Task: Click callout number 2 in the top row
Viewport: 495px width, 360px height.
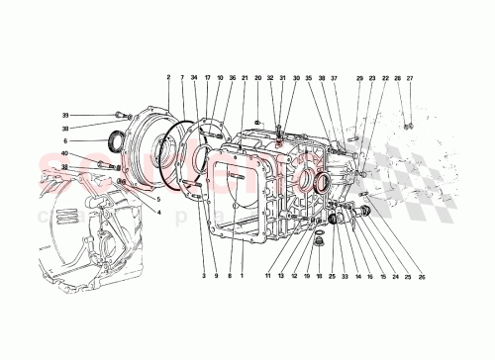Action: [168, 77]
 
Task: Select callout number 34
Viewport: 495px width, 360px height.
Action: [195, 77]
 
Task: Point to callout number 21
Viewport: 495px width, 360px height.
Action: [245, 77]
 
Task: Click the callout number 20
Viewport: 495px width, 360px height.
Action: [257, 77]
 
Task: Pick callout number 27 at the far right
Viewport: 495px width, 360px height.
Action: [409, 77]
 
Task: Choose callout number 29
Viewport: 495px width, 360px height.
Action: [360, 77]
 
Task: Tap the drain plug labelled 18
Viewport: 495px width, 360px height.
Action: [319, 239]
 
